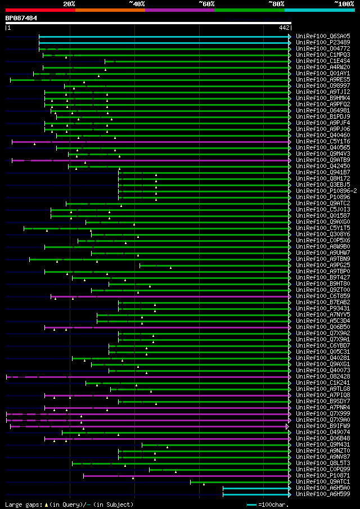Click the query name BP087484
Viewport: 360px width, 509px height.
[21, 18]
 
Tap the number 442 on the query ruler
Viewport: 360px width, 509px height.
[283, 28]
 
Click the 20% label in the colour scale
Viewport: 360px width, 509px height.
[69, 3]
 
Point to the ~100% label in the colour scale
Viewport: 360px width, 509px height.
[344, 3]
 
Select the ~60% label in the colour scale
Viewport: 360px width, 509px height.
[206, 3]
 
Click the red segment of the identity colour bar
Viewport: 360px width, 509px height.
[40, 10]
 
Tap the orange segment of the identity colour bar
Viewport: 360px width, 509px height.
[110, 10]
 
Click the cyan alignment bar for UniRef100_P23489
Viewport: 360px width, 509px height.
[163, 42]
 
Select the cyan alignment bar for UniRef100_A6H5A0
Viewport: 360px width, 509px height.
[256, 488]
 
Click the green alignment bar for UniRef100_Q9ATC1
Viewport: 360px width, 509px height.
[239, 481]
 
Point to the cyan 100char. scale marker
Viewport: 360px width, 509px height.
[251, 505]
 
